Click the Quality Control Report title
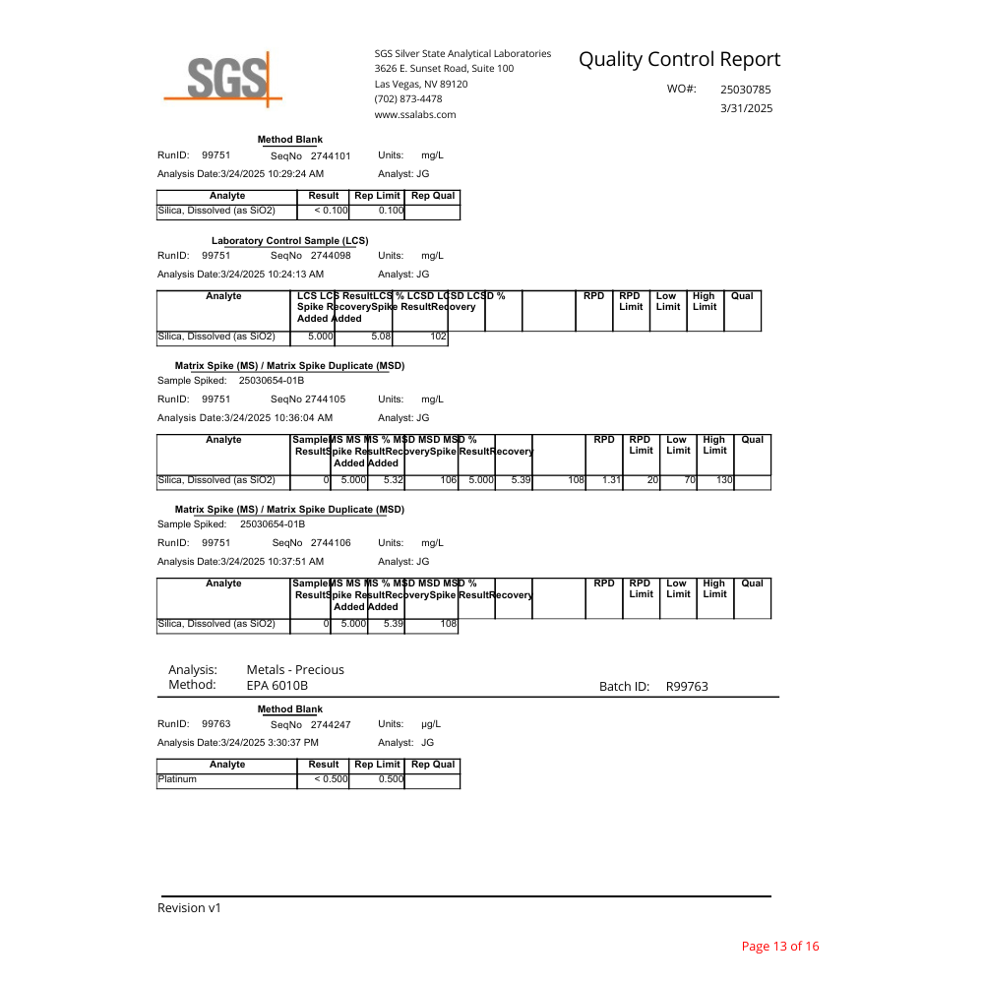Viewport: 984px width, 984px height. [x=679, y=59]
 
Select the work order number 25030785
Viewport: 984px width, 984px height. [x=746, y=90]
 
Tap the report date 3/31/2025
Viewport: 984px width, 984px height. [x=747, y=108]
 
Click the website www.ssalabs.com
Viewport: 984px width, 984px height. [x=414, y=114]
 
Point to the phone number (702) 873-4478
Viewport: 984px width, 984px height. [x=407, y=98]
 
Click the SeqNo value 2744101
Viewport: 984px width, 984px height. [x=331, y=155]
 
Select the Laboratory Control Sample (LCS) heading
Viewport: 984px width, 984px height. [x=290, y=241]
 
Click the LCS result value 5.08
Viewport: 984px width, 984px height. [x=381, y=337]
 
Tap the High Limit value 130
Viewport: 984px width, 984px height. [x=723, y=480]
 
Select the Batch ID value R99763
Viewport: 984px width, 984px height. [x=687, y=687]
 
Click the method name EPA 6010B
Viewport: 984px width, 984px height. [x=277, y=685]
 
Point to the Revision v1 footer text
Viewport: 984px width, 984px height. [x=189, y=907]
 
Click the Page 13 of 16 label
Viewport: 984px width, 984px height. [x=779, y=947]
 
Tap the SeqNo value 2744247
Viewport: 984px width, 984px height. [x=331, y=724]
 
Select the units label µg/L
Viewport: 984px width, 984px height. [x=431, y=724]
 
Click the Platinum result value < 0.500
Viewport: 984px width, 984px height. [x=332, y=779]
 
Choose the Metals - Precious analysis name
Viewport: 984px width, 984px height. [x=295, y=669]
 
